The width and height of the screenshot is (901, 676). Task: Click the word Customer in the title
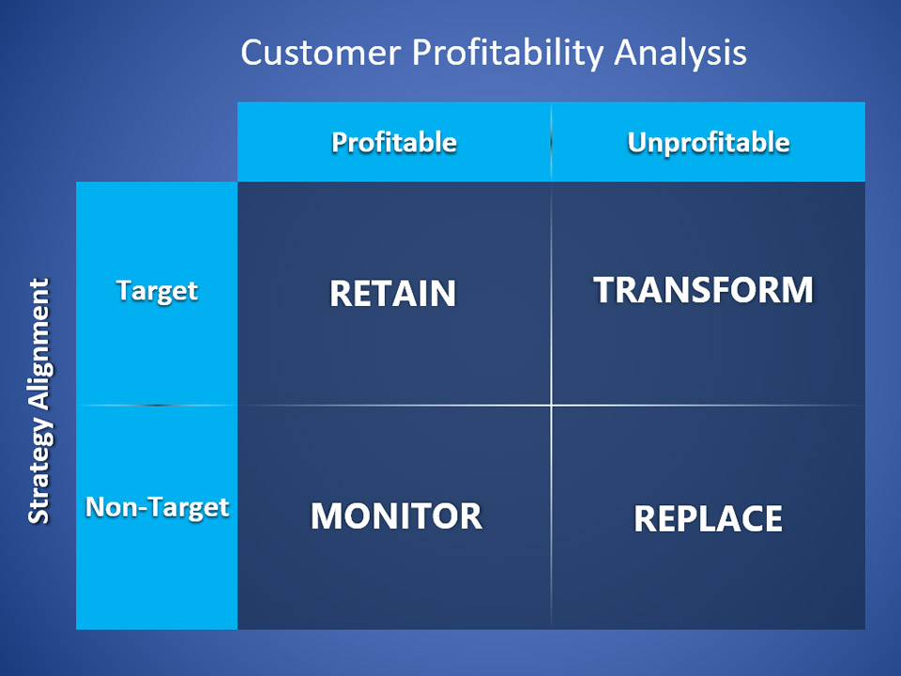click(x=321, y=53)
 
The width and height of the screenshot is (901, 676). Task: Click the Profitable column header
click(x=394, y=142)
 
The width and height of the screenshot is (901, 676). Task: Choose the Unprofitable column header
click(x=709, y=143)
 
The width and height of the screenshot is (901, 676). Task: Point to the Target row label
click(x=157, y=291)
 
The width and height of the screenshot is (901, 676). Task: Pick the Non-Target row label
click(x=158, y=507)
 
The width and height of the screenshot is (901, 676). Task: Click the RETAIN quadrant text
click(x=392, y=293)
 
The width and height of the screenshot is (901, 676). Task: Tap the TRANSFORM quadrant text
click(x=703, y=290)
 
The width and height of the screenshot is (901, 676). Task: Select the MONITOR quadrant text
click(x=396, y=515)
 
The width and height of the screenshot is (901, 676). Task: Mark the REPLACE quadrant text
click(x=708, y=518)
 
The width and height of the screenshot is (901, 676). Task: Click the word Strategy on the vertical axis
click(x=40, y=470)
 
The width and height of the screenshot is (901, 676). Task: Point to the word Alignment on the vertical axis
click(x=40, y=344)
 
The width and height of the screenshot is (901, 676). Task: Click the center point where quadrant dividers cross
click(x=551, y=406)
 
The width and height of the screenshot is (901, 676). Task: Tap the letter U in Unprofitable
click(x=636, y=142)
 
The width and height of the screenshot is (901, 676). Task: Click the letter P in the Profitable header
click(x=340, y=142)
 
